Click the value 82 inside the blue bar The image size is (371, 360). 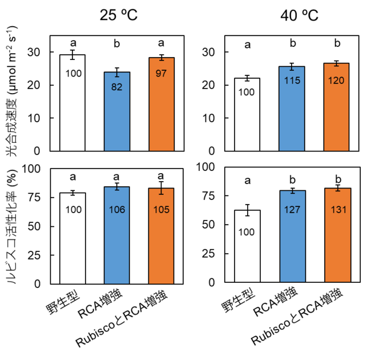point(117,87)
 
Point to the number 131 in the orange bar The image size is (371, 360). point(337,210)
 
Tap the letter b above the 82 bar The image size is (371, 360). point(117,43)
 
